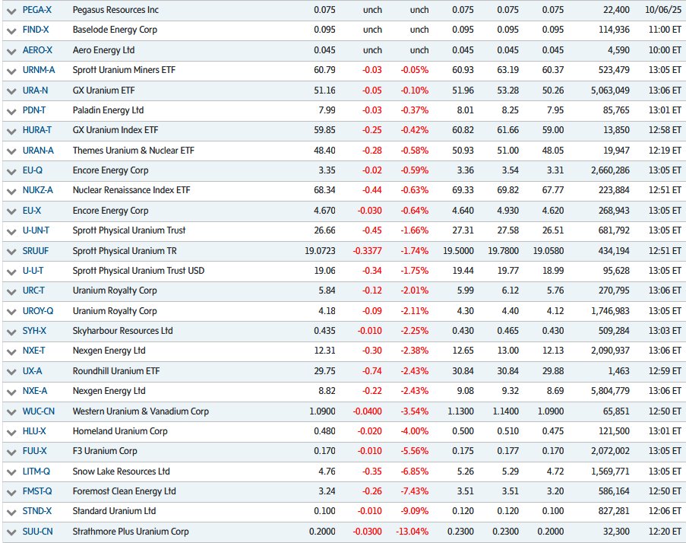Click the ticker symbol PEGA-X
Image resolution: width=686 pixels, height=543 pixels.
coord(38,10)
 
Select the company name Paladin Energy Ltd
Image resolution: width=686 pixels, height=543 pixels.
coord(108,110)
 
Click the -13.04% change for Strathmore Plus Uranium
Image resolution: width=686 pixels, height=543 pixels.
coord(412,531)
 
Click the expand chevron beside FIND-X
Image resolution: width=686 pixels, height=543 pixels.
coord(11,30)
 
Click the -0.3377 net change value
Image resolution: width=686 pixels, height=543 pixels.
coord(367,250)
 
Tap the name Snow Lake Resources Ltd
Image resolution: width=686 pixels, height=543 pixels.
coord(122,471)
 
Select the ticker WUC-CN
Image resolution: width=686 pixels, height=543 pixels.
coord(40,411)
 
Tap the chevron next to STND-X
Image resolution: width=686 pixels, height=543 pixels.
coord(11,512)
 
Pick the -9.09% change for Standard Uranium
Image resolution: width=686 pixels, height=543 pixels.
coord(414,511)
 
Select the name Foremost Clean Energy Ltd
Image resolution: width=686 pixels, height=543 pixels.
coord(124,491)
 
